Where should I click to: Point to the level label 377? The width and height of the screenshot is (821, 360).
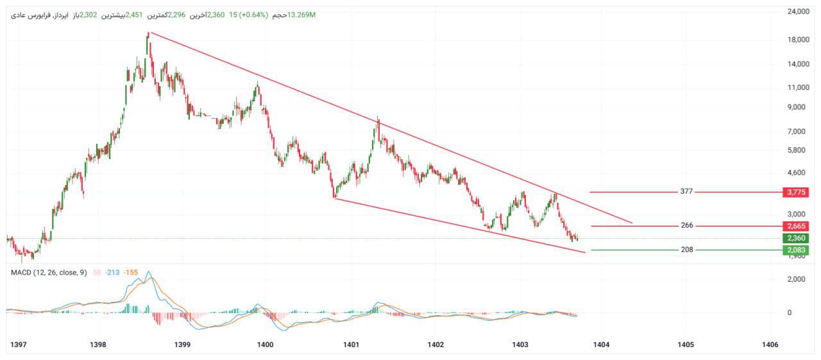(687, 192)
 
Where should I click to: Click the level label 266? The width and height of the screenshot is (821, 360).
(687, 226)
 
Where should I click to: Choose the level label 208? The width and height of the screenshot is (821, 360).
(687, 250)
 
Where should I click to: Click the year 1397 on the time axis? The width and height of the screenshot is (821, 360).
(19, 345)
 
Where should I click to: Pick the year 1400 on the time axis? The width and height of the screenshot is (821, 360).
(265, 345)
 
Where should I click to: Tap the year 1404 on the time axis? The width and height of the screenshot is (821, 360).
(601, 345)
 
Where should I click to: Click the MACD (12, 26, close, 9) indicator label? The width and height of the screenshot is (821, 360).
(49, 273)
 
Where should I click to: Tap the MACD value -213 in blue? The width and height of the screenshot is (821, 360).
(113, 273)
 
